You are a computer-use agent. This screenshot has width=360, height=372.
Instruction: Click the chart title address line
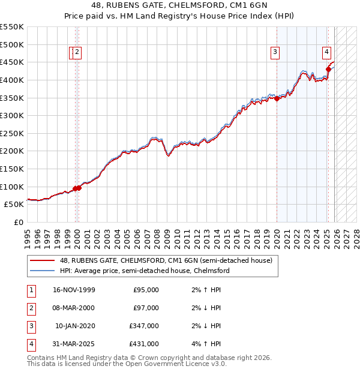[179, 7]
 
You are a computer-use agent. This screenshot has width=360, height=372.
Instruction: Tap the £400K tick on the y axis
[12, 80]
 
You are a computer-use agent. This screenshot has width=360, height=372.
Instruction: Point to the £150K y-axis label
[12, 169]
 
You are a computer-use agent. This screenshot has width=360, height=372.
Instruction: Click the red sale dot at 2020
[277, 99]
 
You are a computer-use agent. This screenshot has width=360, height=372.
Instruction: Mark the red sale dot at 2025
[328, 69]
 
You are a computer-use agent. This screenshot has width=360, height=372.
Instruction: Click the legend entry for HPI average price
[144, 271]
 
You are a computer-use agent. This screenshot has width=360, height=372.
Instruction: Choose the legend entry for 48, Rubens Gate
[166, 260]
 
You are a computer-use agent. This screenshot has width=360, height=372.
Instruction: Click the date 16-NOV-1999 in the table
[74, 290]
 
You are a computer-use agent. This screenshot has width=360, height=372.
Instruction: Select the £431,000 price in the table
[145, 344]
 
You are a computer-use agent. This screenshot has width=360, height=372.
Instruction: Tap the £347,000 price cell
[145, 326]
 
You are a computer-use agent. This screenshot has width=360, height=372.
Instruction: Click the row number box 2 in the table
[31, 308]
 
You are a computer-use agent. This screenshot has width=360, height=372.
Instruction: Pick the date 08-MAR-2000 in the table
[74, 308]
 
